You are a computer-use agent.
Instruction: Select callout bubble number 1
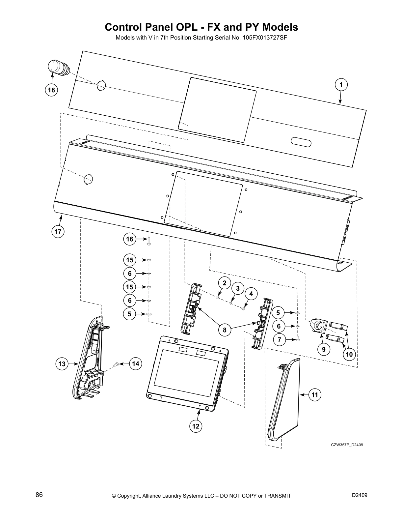point(341,84)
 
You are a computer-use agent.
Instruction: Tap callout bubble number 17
point(58,232)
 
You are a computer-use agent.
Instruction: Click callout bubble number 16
point(130,239)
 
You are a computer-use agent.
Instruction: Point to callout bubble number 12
point(196,426)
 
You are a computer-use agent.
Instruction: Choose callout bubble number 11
point(315,394)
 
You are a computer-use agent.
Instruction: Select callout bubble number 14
point(135,364)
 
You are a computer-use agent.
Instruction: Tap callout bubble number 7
point(279,340)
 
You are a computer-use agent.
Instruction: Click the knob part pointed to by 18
point(58,68)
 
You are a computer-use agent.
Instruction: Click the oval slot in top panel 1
point(301,142)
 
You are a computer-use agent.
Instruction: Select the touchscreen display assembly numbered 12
point(187,372)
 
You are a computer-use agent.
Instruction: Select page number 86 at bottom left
point(39,495)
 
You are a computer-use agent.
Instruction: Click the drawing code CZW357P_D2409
point(347,445)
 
